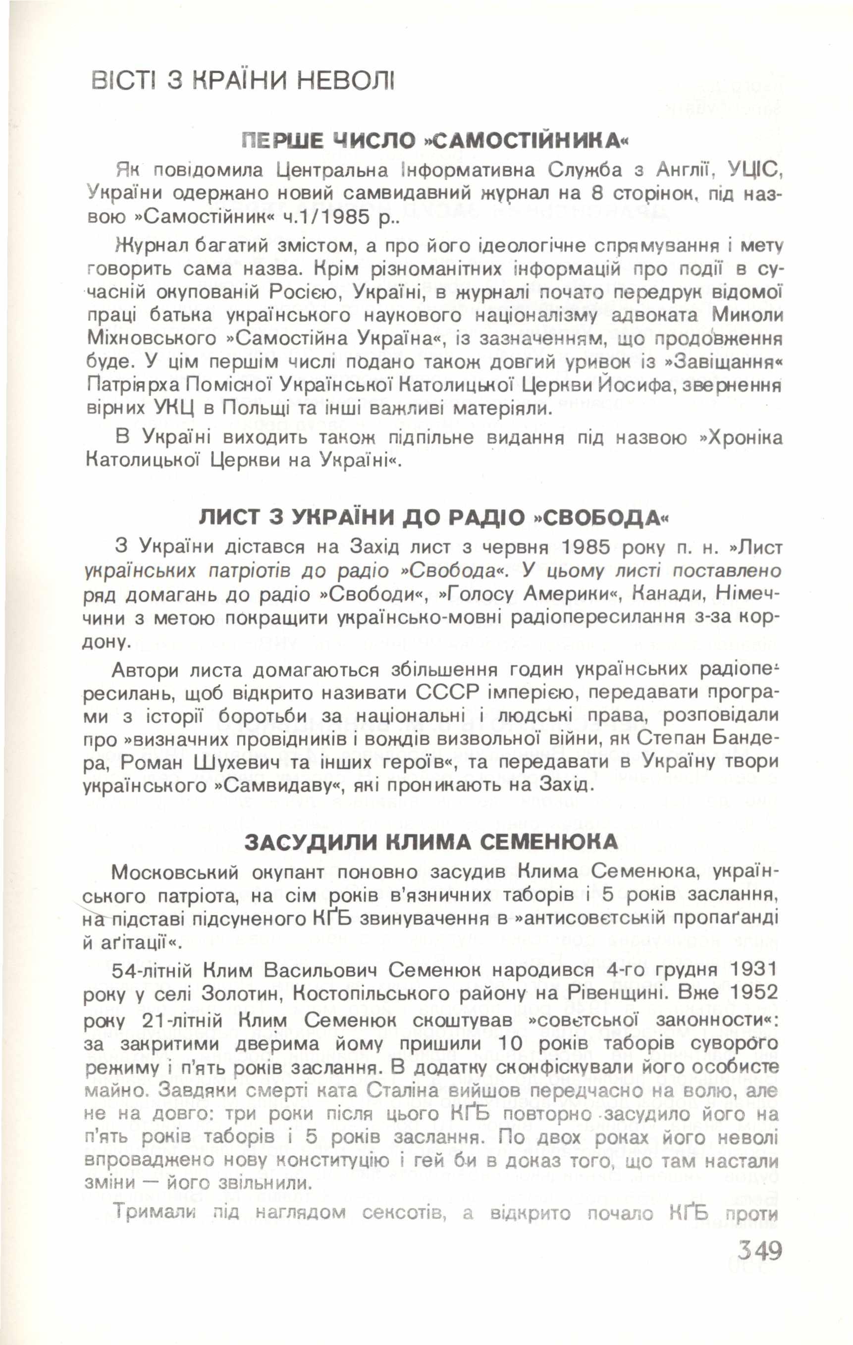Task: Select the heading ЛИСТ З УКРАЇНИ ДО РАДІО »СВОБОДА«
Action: point(433,518)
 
